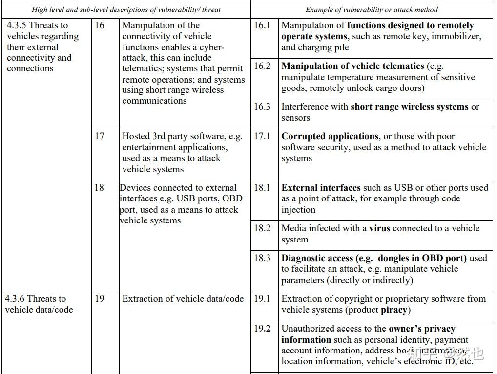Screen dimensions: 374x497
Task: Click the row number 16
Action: (x=100, y=25)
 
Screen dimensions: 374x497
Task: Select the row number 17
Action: (x=100, y=136)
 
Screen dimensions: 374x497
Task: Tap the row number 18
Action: (x=100, y=188)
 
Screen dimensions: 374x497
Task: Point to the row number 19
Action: (x=100, y=299)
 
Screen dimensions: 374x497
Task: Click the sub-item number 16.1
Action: (x=262, y=25)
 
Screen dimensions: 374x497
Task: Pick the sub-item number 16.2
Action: (x=262, y=66)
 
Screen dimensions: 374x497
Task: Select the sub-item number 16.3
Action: (x=262, y=107)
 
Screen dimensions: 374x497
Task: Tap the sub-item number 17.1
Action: (x=262, y=136)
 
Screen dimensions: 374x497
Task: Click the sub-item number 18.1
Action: (x=262, y=188)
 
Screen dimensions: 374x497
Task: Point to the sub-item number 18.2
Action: (x=262, y=228)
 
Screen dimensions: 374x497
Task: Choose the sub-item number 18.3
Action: (x=262, y=258)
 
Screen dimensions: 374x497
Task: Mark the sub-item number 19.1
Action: (x=262, y=299)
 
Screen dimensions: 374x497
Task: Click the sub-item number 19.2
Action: (x=262, y=329)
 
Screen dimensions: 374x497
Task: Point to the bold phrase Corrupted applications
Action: (x=330, y=136)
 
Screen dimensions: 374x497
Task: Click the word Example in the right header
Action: (x=320, y=9)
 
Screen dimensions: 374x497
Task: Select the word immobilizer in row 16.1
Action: (x=456, y=37)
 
